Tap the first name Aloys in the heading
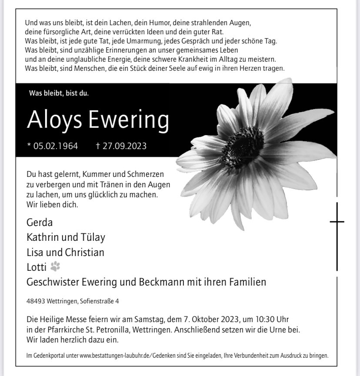[54, 120]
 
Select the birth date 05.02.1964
[55, 146]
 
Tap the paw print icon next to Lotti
[55, 266]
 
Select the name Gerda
[39, 223]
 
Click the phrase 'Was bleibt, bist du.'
[59, 93]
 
